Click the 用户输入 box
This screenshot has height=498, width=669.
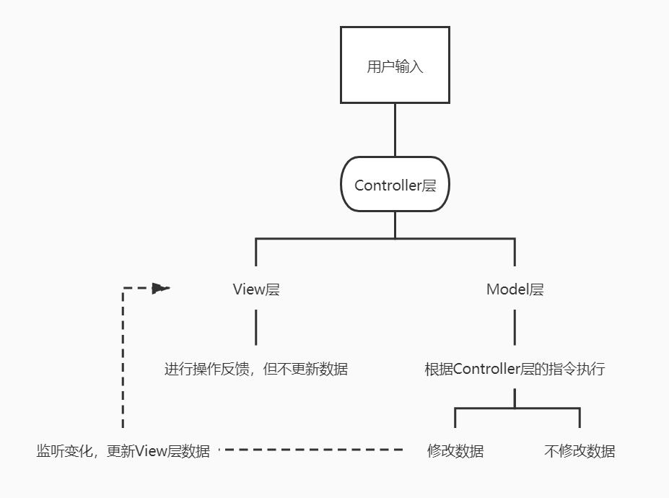click(x=395, y=65)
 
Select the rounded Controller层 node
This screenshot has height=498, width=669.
click(x=395, y=185)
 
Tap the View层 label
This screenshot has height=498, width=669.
click(x=255, y=290)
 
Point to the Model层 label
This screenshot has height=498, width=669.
click(x=515, y=290)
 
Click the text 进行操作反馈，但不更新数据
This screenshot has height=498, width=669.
click(x=255, y=370)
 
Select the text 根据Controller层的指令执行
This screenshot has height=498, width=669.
click(x=515, y=370)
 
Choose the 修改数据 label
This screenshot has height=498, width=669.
click(x=455, y=452)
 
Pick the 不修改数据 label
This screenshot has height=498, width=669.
click(x=580, y=452)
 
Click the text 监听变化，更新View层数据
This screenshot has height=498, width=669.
click(x=123, y=452)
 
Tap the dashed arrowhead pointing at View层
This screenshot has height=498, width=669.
click(x=161, y=289)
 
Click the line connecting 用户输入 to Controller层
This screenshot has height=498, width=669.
click(x=395, y=130)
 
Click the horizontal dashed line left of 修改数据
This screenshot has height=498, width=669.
click(x=310, y=450)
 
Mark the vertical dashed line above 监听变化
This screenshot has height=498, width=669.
click(x=123, y=361)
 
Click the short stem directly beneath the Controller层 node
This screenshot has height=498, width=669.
click(x=395, y=224)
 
